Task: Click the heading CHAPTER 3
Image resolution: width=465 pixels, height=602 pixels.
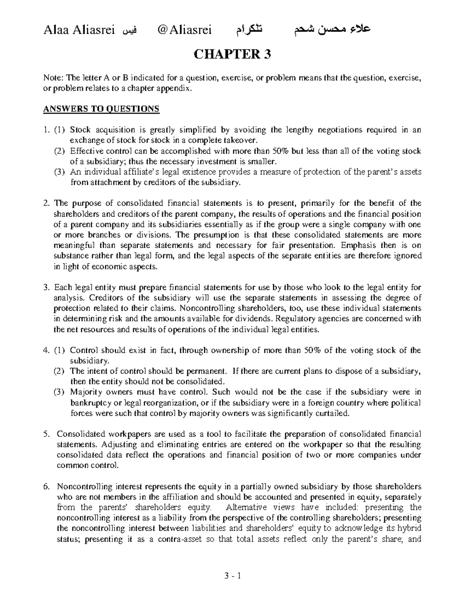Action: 232,54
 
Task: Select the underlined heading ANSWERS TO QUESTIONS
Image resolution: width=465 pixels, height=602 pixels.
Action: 101,109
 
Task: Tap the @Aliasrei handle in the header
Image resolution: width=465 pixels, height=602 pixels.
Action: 182,30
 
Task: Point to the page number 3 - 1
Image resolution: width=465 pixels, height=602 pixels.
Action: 232,576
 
